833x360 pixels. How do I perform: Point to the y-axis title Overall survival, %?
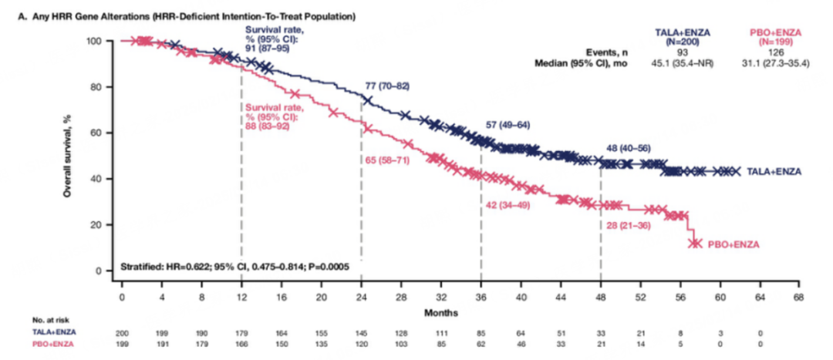68,155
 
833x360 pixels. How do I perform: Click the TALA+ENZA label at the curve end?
774,171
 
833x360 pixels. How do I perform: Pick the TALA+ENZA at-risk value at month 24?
362,331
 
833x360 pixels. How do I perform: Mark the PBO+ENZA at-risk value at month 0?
121,343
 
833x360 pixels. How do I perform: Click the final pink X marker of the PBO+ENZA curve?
696,243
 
